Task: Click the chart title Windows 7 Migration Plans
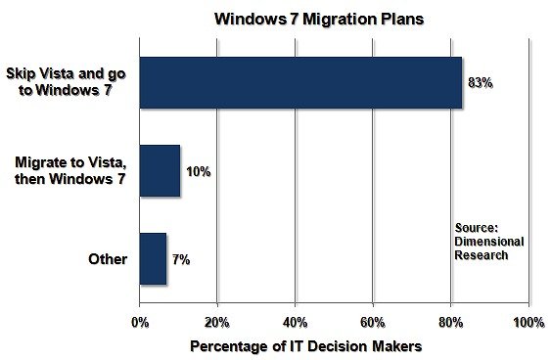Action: [x=319, y=19]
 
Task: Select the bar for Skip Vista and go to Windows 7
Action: [x=300, y=82]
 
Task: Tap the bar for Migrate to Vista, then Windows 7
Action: [x=160, y=170]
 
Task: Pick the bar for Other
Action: [x=154, y=259]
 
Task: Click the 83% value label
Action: [x=480, y=83]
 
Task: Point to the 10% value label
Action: [x=199, y=172]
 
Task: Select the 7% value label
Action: [x=181, y=260]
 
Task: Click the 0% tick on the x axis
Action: [x=140, y=322]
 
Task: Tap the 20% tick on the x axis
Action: [x=217, y=322]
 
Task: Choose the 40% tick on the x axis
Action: [x=296, y=322]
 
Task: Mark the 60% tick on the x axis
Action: [x=373, y=322]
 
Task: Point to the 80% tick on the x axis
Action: [x=451, y=322]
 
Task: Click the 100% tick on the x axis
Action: [x=528, y=322]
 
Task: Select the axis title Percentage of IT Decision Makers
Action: [x=305, y=346]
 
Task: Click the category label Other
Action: [x=108, y=259]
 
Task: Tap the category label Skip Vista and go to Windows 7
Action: [x=66, y=82]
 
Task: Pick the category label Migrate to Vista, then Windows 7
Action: [x=70, y=170]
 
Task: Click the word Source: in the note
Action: [x=477, y=228]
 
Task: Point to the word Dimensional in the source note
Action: [x=489, y=242]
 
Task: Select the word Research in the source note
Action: [x=482, y=255]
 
